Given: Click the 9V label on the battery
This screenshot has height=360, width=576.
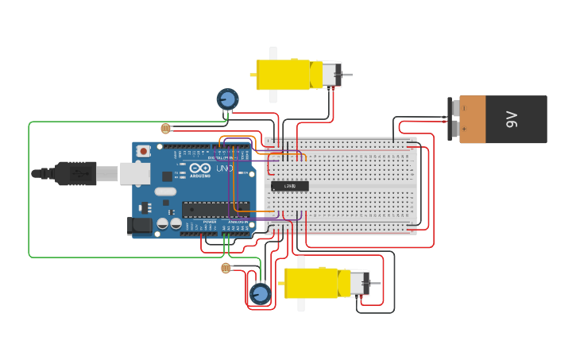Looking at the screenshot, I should [x=512, y=120].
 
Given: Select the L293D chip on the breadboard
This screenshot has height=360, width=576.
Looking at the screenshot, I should [x=290, y=186].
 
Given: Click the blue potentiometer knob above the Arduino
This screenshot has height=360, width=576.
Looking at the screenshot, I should [x=227, y=99].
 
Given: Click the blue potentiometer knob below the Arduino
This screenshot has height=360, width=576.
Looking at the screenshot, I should [x=260, y=294].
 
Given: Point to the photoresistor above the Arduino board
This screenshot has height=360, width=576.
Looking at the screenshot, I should [x=165, y=128].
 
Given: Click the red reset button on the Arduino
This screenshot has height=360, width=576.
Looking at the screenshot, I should [x=143, y=151].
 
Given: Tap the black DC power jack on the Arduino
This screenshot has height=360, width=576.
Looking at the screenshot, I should [x=140, y=226].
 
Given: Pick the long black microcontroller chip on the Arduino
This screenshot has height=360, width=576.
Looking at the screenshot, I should [x=215, y=209].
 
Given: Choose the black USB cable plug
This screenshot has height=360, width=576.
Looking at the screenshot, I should [x=75, y=173].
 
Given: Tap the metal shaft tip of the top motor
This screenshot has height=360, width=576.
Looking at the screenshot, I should [x=350, y=75].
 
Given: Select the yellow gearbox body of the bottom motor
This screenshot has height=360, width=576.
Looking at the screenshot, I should [x=311, y=283].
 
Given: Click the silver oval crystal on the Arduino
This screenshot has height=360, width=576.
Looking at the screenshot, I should [x=165, y=192].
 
